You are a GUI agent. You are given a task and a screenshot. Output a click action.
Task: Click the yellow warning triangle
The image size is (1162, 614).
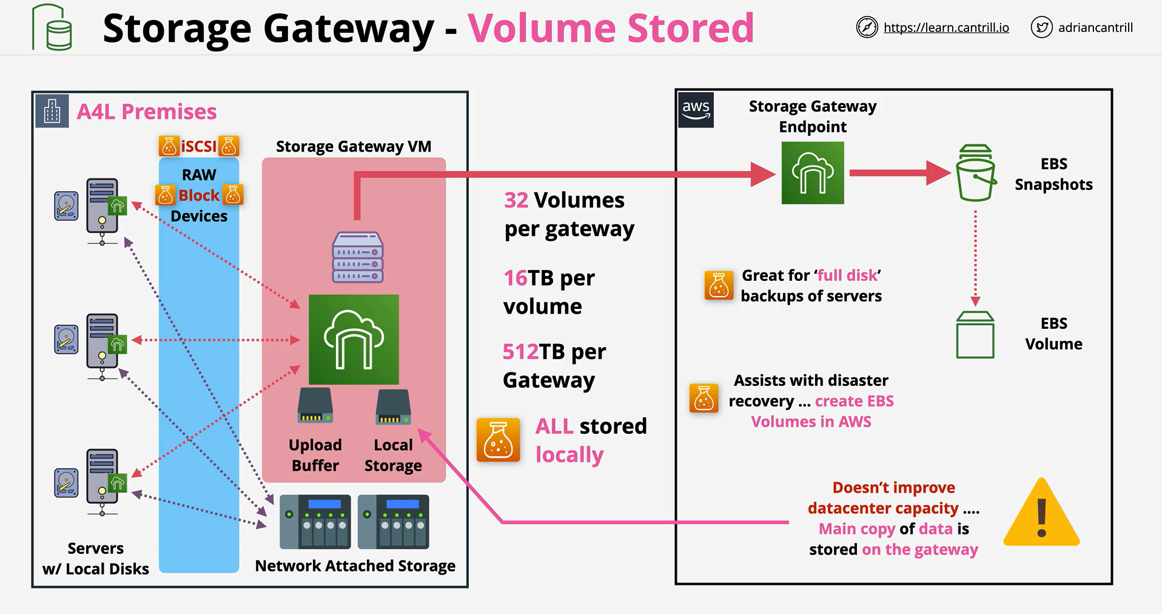[1041, 513]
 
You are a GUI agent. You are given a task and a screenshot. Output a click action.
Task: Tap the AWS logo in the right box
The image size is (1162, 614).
[696, 110]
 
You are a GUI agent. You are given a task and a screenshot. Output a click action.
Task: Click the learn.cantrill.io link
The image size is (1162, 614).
[946, 27]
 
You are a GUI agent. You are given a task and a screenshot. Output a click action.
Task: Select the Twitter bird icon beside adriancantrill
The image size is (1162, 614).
[1041, 27]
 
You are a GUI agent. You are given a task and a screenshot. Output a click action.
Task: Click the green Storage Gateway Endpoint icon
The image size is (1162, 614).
[813, 173]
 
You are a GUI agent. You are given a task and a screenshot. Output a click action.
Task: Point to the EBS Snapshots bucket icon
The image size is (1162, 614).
[975, 173]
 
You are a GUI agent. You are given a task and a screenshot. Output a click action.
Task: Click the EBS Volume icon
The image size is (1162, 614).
[975, 334]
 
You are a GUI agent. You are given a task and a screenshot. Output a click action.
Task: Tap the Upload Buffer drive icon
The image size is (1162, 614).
[315, 405]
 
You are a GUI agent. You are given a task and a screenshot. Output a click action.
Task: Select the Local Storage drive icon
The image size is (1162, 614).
[393, 407]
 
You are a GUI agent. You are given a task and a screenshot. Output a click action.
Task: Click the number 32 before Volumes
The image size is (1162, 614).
[516, 200]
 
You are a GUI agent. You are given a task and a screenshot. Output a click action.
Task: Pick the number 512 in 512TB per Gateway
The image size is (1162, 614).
[520, 352]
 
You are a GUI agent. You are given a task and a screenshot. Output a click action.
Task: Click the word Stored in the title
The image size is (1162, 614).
[690, 28]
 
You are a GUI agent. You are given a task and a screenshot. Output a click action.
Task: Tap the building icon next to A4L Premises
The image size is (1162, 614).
[52, 111]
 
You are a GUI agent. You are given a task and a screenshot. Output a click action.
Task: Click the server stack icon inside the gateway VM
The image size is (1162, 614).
[358, 257]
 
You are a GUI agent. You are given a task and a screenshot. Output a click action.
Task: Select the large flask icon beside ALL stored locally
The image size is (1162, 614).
[498, 440]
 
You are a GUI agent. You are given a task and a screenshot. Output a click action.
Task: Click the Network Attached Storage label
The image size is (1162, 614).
[355, 566]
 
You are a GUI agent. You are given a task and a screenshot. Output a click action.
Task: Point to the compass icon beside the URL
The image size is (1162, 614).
[867, 27]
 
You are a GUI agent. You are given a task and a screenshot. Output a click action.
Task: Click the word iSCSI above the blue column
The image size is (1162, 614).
[198, 146]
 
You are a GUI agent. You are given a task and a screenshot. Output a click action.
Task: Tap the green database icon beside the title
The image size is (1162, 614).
[52, 27]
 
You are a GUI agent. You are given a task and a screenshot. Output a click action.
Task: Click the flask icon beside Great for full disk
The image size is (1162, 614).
[719, 285]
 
